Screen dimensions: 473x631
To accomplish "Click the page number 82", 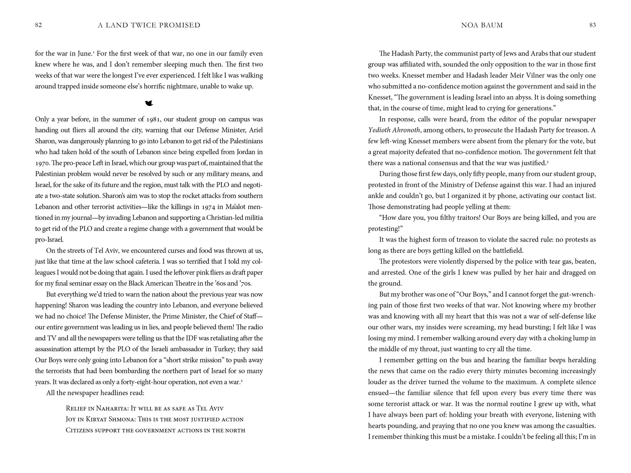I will tap(38, 25).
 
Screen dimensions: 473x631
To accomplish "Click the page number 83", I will tap(592, 25).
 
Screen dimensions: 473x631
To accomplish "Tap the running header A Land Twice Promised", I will tap(149, 25).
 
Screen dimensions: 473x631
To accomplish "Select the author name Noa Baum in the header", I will tap(482, 25).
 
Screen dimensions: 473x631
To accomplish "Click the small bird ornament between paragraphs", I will tap(149, 103).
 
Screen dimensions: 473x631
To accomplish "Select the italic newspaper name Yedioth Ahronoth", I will tap(394, 130).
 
